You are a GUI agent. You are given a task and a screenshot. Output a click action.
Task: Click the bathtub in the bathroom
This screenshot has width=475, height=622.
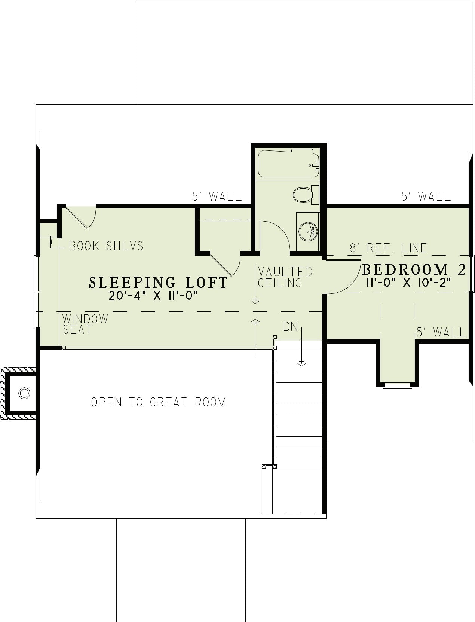click(289, 163)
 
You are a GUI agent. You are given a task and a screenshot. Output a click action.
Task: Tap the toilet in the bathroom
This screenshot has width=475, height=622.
click(306, 195)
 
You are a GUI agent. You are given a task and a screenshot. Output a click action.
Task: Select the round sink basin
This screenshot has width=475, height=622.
click(308, 232)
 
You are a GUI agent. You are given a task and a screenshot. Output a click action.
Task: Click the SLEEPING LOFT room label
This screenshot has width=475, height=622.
click(158, 282)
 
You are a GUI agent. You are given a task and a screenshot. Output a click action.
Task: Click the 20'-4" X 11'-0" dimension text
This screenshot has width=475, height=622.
click(153, 296)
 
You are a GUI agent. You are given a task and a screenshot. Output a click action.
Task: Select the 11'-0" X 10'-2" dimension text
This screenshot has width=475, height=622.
click(408, 283)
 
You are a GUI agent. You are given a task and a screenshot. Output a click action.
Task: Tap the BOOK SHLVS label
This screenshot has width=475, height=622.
click(106, 246)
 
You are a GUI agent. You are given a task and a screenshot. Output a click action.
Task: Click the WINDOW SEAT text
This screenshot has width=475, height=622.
click(85, 324)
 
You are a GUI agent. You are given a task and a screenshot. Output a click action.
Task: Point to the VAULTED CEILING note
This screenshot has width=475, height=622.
click(285, 277)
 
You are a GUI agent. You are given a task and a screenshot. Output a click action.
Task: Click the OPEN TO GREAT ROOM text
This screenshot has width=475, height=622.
click(159, 402)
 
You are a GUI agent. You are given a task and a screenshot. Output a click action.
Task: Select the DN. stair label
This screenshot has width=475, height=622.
click(292, 327)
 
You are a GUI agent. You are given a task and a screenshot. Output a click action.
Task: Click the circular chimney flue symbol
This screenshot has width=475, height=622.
click(24, 393)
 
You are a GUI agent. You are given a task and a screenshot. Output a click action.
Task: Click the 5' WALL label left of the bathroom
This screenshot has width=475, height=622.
click(217, 196)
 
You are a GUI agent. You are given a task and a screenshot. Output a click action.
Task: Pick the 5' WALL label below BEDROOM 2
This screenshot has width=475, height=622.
click(441, 332)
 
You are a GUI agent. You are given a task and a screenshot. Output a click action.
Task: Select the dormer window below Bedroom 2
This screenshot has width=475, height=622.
click(398, 385)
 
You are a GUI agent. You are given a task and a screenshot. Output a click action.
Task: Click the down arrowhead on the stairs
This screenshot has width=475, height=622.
click(302, 365)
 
